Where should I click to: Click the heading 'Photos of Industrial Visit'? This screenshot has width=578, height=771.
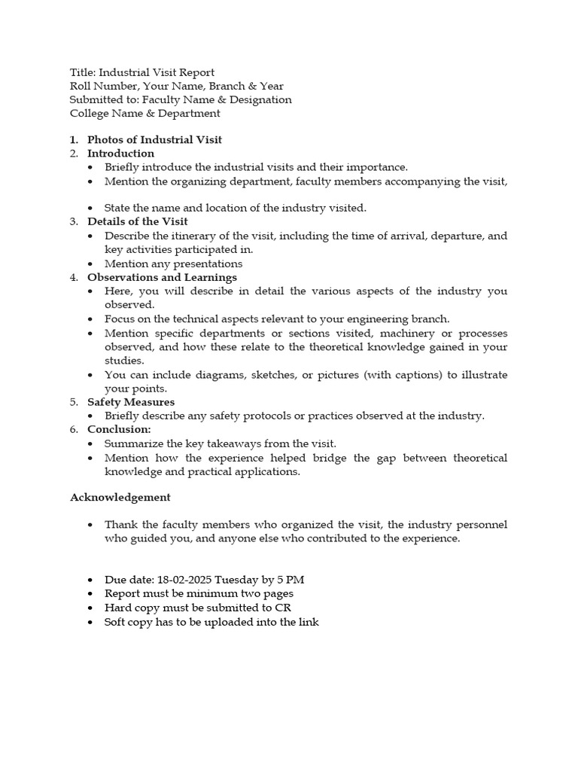(154, 139)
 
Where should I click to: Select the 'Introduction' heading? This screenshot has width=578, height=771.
(120, 154)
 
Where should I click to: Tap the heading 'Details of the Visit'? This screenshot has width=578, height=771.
(137, 221)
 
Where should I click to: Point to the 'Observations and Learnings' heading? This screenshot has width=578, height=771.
(162, 277)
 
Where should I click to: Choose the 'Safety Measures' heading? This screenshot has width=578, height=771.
(130, 402)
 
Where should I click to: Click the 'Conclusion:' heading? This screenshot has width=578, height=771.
(119, 429)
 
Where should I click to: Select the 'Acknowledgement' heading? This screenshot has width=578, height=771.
(120, 497)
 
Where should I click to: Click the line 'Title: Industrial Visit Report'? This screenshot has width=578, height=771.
(141, 72)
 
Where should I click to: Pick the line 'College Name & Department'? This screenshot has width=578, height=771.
(144, 114)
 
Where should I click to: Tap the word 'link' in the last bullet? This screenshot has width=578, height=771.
(309, 622)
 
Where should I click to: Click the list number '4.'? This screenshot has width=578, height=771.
(74, 277)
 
